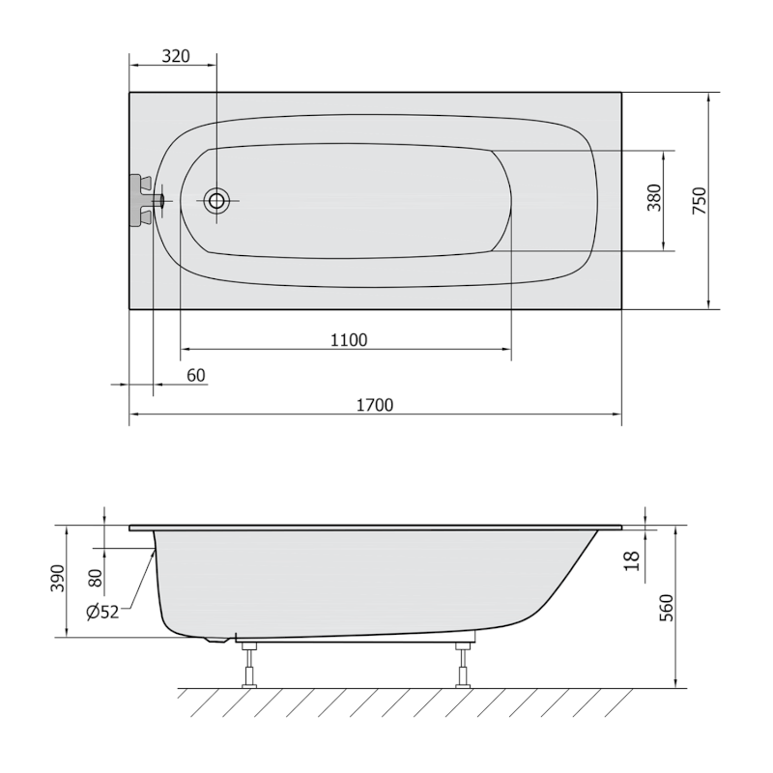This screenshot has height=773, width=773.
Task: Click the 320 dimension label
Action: [x=174, y=56]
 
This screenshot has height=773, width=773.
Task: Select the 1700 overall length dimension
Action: [x=375, y=405]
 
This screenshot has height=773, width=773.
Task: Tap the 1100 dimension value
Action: [x=349, y=339]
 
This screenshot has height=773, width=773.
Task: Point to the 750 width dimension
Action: [x=701, y=200]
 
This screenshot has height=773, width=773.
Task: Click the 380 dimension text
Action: [x=654, y=200]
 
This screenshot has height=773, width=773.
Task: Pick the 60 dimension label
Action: [x=195, y=375]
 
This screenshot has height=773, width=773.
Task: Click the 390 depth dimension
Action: [x=59, y=580]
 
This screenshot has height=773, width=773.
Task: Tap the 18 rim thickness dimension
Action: [x=632, y=560]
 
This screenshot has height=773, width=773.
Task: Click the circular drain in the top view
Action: [x=216, y=201]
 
